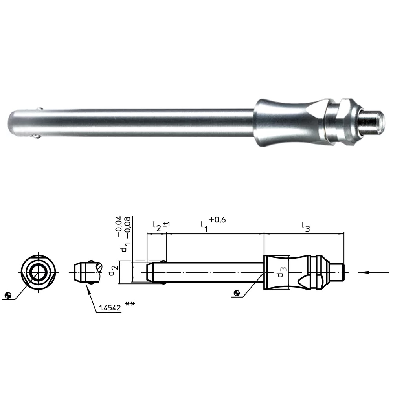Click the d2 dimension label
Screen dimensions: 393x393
[113, 270]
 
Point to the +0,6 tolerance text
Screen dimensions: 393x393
[217, 220]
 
